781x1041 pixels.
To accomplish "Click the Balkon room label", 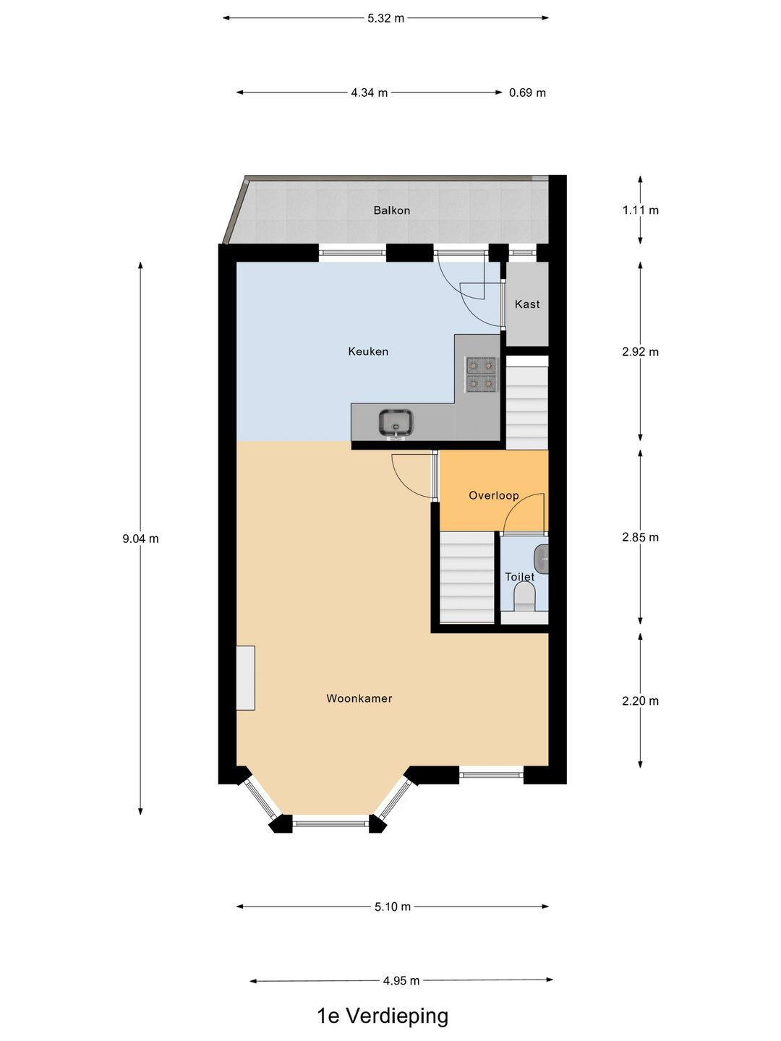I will (391, 210).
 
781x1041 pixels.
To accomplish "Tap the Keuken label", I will (368, 351).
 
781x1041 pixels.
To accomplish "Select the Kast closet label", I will (527, 304).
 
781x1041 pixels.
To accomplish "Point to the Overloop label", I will (494, 495).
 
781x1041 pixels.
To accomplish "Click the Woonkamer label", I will (359, 698).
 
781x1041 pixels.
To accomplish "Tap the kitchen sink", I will (396, 422).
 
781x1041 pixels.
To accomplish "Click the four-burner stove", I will (481, 374).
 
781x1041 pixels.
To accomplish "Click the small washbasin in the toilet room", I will (542, 559).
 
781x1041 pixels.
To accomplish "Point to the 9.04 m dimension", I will (140, 539).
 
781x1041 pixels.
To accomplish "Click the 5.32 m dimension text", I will (385, 18).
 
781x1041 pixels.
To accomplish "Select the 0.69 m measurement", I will (527, 93).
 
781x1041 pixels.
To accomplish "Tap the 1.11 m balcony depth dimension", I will (640, 210).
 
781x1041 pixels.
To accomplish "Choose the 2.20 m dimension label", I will (640, 701).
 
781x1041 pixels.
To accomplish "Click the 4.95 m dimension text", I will (401, 981).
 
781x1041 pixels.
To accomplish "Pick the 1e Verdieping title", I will (383, 1016).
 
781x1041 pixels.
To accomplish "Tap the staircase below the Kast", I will (526, 408).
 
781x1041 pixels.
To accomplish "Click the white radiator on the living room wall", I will (246, 677).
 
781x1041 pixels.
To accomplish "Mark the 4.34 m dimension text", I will (370, 93).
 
